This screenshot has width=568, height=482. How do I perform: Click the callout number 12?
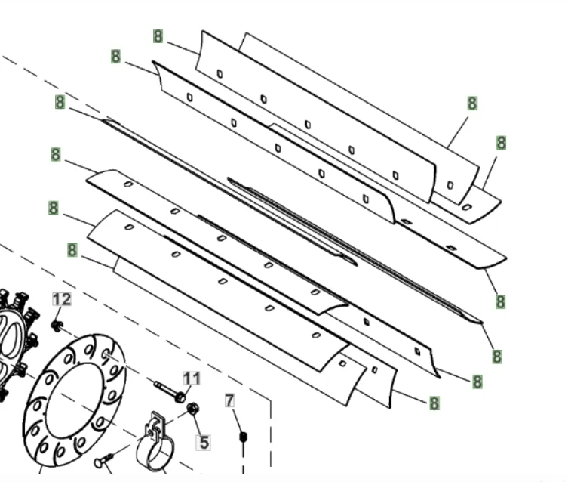pos(62,300)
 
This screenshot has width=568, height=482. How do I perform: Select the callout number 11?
pos(192,378)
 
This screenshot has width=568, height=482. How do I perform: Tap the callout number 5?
pos(203,443)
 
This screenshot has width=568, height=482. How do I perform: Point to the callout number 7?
pos(229,400)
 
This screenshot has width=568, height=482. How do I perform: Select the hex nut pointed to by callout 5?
pos(192,409)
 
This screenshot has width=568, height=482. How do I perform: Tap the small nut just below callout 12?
pos(57,326)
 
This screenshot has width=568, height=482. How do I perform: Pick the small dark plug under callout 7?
pos(243,437)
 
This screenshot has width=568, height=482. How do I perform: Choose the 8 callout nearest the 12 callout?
pos(72,250)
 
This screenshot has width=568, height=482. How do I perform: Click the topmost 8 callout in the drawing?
pos(158,36)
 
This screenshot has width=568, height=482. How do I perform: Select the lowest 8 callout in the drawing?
pos(434,403)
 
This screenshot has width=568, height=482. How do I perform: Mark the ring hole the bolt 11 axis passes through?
pos(106,354)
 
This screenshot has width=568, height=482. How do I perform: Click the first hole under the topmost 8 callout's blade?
pos(220,74)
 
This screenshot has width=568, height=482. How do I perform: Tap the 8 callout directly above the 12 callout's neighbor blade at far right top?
pos(472,104)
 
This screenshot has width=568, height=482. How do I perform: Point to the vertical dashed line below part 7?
pos(243,459)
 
